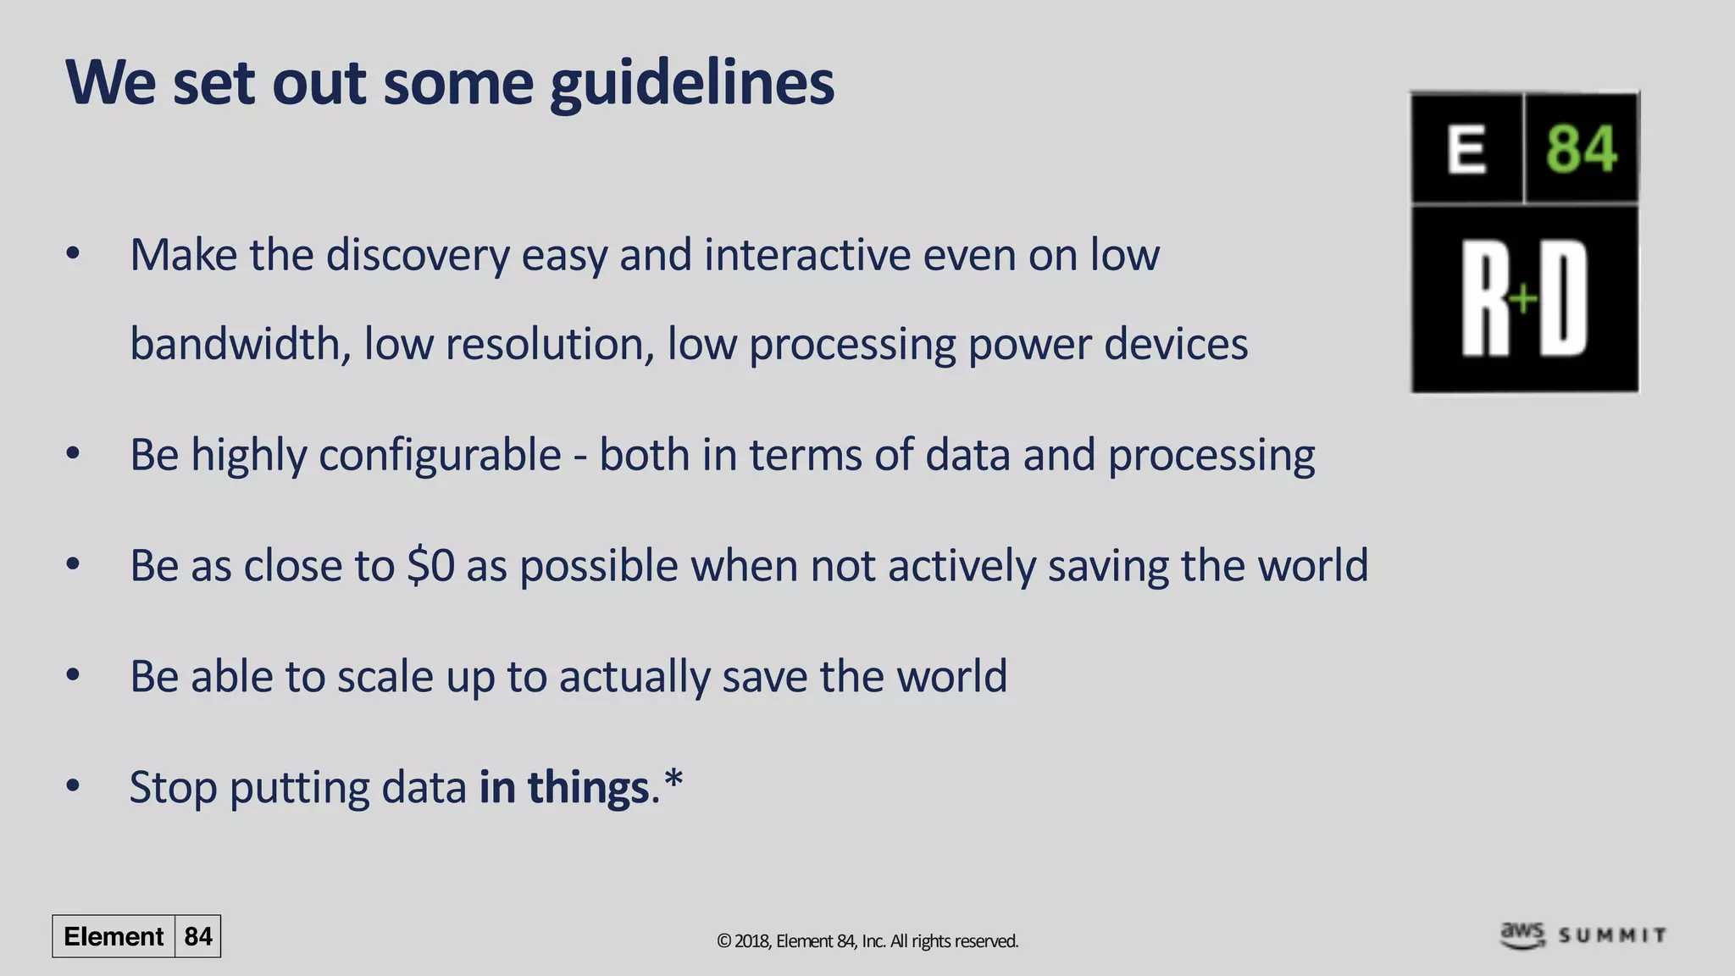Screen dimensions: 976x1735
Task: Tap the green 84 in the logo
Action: click(1581, 149)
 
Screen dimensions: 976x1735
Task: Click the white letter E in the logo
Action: click(1466, 149)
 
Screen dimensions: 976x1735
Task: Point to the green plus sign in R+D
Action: click(1523, 298)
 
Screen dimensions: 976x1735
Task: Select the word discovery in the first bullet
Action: click(418, 255)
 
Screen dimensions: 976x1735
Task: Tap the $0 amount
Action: click(430, 566)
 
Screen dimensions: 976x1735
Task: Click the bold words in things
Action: click(563, 787)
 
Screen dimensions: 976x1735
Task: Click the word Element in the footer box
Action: click(114, 936)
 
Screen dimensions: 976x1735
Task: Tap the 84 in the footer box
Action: click(198, 936)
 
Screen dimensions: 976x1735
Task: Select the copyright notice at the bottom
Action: click(867, 941)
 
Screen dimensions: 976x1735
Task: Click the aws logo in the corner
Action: click(1522, 934)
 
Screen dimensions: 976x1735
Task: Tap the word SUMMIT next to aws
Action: click(1612, 935)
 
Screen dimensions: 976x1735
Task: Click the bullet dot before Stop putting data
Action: click(73, 786)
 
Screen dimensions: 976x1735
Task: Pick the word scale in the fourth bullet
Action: click(385, 677)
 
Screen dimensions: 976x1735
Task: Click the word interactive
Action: click(807, 255)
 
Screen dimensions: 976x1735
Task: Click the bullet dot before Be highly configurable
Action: click(73, 454)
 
